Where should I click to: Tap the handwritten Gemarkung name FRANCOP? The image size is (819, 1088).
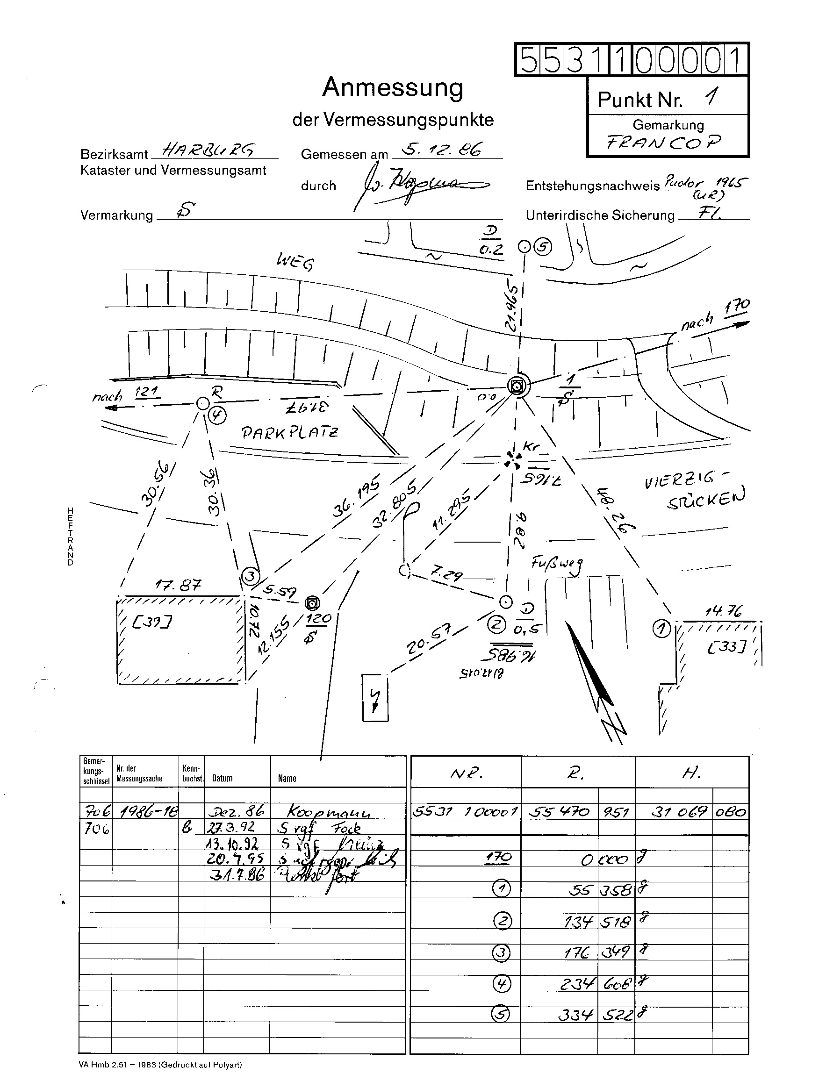tap(664, 143)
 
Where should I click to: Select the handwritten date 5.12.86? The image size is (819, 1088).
tap(442, 149)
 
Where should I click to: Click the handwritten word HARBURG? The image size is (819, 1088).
tap(208, 149)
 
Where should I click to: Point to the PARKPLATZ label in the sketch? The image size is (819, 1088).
tap(290, 432)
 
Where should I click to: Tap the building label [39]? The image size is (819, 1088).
tap(152, 623)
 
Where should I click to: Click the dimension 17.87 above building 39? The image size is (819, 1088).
tap(178, 585)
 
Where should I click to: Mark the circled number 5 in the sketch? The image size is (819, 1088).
tap(543, 246)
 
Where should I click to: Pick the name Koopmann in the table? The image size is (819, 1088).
tap(329, 812)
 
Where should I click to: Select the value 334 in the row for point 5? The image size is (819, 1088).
tap(575, 1015)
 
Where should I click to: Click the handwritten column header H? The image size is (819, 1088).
tap(691, 773)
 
